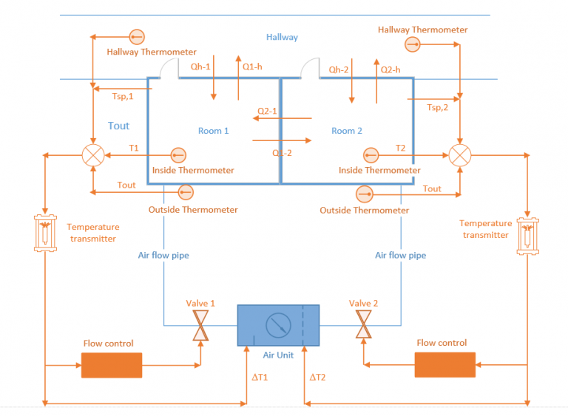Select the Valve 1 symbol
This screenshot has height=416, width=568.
200,324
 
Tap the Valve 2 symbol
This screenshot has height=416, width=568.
363,324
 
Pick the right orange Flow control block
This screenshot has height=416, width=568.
444,364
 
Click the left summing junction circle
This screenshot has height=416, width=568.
92,155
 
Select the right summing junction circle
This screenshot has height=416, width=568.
461,155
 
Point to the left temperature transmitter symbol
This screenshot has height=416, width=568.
46,233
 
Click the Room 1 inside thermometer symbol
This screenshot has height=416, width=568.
178,155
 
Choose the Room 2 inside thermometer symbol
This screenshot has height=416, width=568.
371,155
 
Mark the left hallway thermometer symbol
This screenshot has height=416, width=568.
136,37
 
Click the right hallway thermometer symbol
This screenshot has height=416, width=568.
412,45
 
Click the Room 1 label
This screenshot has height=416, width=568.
213,131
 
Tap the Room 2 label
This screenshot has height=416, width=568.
347,131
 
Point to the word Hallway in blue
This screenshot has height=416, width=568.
282,37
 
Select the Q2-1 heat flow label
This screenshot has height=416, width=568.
266,111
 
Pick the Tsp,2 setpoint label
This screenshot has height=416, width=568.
438,107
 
